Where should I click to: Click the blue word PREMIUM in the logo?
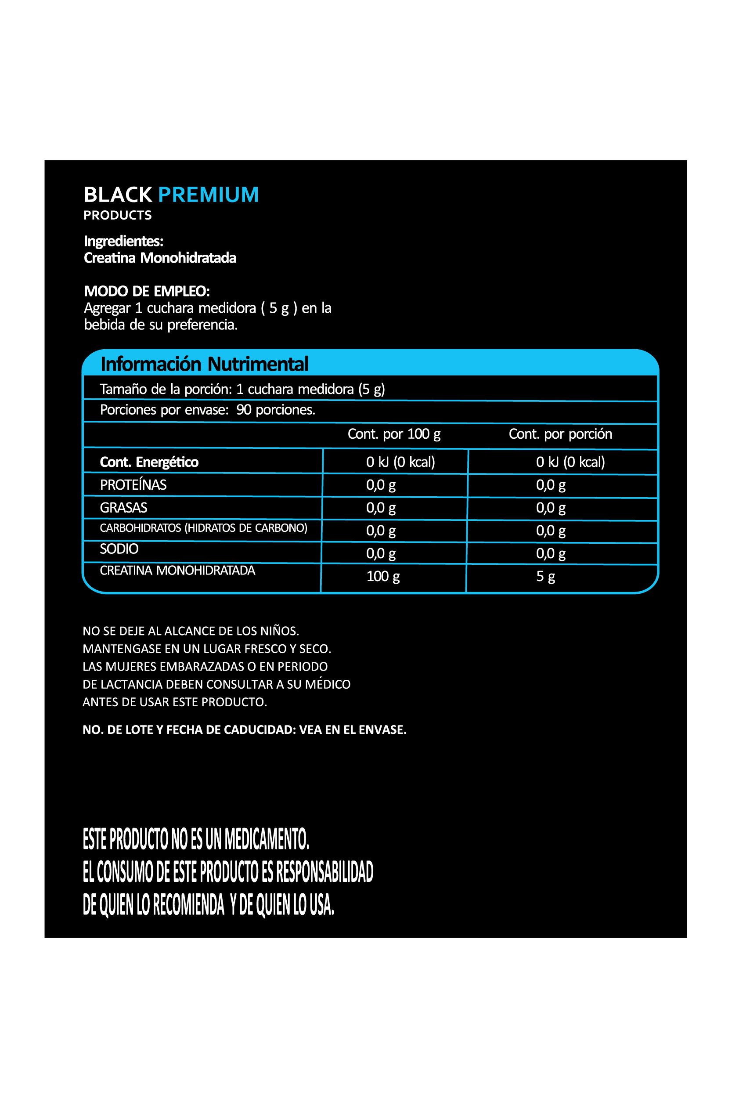pos(208,195)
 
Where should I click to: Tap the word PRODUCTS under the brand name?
pos(118,215)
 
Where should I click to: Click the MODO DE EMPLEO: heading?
pos(147,291)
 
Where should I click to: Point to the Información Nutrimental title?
pos(205,364)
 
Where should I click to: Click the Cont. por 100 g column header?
pos(394,434)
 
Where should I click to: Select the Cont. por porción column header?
pos(560,434)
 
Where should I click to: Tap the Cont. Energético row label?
pos(149,462)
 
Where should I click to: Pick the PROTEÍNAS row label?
pos(133,485)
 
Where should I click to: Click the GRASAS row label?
pos(124,508)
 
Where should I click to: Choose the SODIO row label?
pos(119,549)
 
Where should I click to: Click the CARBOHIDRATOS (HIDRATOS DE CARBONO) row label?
pos(204,528)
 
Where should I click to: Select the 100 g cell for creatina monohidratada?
pos(383,577)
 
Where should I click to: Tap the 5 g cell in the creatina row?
pos(545,577)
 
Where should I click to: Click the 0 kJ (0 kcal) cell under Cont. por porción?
pos(570,462)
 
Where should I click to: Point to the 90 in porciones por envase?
pos(244,410)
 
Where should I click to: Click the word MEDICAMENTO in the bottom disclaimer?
pos(267,839)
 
